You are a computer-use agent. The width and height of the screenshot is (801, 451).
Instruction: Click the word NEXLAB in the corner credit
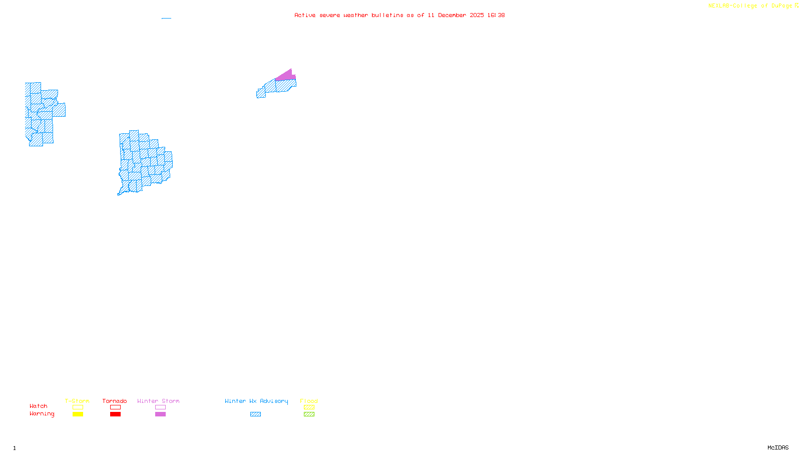click(x=719, y=6)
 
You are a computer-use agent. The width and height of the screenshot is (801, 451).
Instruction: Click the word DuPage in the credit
click(x=781, y=6)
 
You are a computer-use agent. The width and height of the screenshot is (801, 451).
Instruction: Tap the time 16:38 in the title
click(x=496, y=15)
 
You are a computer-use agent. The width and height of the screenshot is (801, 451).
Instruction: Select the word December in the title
click(x=452, y=15)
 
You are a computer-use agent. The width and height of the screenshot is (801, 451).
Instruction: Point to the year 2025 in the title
click(x=477, y=15)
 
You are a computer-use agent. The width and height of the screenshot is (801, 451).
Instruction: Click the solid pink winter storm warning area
click(x=285, y=76)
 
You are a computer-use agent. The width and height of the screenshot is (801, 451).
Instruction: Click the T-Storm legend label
click(x=77, y=401)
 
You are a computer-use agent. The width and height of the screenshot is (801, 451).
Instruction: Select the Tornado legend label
click(x=115, y=401)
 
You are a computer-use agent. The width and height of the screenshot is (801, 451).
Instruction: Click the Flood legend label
click(x=309, y=401)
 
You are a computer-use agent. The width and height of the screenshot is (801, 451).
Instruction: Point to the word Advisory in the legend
click(x=274, y=401)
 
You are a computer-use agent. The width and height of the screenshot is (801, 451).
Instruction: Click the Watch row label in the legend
click(x=39, y=406)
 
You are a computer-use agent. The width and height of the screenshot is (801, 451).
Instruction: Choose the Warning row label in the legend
click(x=42, y=414)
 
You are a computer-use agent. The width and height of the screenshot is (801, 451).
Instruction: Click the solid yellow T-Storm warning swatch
click(x=78, y=414)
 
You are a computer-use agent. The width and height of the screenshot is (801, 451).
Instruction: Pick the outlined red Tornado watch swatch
click(x=115, y=407)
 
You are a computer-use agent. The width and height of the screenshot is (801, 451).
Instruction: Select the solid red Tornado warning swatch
click(x=115, y=414)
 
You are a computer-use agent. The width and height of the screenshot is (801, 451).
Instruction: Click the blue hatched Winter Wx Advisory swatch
click(x=255, y=414)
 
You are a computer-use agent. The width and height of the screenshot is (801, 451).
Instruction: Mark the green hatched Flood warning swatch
click(x=309, y=414)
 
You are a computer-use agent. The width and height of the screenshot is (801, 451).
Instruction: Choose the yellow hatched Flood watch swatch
click(x=309, y=407)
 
